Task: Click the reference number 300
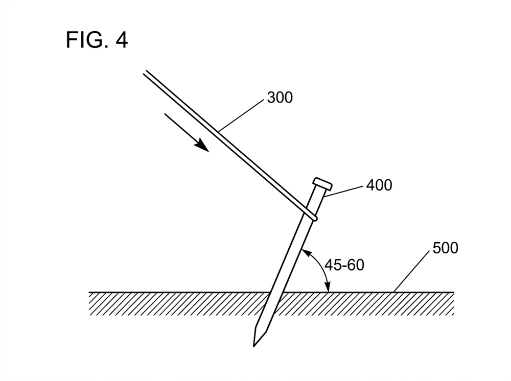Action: point(280,98)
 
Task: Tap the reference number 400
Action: point(379,185)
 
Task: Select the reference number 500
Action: point(445,248)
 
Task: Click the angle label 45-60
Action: point(344,265)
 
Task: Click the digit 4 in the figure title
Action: point(121,40)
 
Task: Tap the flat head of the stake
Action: point(322,184)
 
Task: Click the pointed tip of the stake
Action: point(254,346)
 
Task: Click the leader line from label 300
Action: point(241,115)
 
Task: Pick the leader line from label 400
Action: point(344,192)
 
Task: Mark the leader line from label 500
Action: point(412,271)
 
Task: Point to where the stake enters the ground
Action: point(276,292)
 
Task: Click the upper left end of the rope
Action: point(145,73)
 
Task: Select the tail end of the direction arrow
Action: point(165,114)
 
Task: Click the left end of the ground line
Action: point(89,292)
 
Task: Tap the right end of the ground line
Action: point(454,292)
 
